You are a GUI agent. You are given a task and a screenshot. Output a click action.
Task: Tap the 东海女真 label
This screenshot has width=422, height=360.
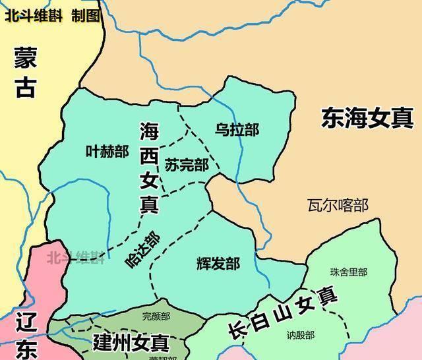click(x=367, y=119)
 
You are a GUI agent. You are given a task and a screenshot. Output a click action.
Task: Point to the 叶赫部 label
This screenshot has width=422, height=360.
click(x=107, y=152)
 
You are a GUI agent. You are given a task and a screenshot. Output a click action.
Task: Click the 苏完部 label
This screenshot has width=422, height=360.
click(x=187, y=165)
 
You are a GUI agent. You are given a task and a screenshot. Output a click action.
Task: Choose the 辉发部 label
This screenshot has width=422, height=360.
click(x=218, y=264)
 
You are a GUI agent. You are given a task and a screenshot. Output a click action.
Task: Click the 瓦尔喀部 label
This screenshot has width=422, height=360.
click(x=338, y=205)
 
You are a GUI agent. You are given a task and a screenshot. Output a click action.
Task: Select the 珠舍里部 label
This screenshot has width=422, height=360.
click(x=349, y=272)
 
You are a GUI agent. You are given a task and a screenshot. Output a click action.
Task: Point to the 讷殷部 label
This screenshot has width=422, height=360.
click(x=300, y=334)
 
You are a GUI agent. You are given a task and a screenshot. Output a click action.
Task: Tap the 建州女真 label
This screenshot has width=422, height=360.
click(x=131, y=343)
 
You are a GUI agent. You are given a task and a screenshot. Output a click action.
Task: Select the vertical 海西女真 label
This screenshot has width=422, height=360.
click(x=149, y=168)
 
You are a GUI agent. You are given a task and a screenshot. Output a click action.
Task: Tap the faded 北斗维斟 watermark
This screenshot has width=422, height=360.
click(x=75, y=257)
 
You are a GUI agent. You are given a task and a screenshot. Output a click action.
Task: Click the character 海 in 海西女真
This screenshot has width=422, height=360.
click(x=149, y=132)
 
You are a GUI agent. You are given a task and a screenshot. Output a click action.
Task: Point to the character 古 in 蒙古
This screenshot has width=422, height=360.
click(x=26, y=88)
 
